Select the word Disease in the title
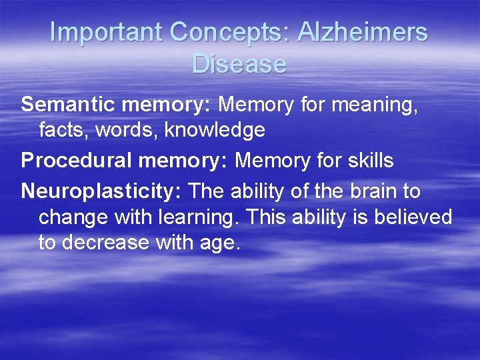click(239, 64)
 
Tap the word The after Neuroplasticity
click(207, 192)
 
